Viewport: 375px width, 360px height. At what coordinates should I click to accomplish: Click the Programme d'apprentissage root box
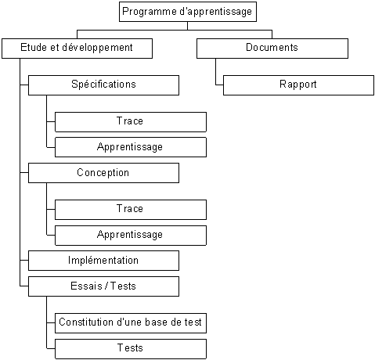(188, 12)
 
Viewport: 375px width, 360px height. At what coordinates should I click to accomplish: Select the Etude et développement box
(78, 49)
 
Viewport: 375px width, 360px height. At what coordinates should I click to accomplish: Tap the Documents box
(272, 49)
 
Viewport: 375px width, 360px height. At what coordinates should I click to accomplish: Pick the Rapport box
(298, 85)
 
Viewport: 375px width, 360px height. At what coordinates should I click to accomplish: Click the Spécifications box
(103, 85)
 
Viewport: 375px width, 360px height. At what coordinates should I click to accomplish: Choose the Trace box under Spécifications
(131, 122)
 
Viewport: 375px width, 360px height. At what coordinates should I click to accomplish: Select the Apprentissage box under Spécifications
(131, 147)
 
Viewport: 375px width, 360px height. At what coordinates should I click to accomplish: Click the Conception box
(103, 173)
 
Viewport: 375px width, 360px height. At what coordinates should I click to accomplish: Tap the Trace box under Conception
(131, 210)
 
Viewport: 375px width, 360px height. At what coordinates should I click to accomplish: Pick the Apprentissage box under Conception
(131, 236)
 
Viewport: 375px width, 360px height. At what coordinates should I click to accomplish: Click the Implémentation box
(103, 261)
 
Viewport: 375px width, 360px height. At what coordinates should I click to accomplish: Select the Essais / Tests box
(103, 286)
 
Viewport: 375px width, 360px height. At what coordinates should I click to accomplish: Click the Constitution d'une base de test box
(131, 323)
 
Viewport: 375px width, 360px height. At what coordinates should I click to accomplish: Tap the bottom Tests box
(131, 349)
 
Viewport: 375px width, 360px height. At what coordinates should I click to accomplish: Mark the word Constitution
(86, 322)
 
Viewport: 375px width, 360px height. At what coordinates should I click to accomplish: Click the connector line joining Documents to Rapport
(216, 72)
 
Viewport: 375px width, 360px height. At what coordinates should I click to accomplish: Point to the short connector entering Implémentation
(24, 261)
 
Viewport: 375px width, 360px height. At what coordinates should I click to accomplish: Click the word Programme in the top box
(150, 12)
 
